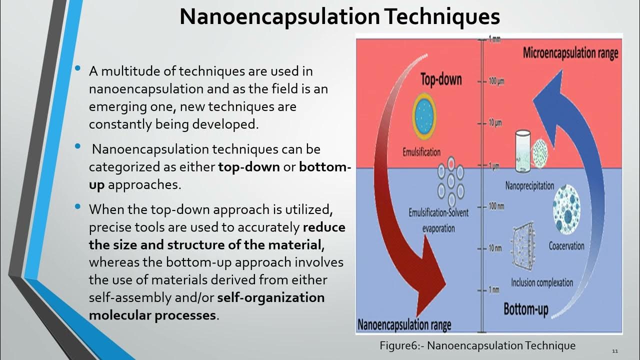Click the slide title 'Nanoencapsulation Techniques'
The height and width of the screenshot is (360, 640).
click(339, 16)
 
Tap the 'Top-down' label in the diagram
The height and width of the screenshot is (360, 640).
click(440, 79)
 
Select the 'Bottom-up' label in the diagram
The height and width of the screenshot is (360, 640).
click(525, 309)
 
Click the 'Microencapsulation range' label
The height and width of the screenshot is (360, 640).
click(570, 53)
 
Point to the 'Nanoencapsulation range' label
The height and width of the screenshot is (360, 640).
click(404, 325)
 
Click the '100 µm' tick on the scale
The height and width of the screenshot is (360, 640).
click(492, 81)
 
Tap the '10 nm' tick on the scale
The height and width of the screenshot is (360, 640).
click(492, 248)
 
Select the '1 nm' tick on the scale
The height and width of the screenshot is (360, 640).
click(491, 290)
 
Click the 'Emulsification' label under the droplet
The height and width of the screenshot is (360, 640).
click(421, 152)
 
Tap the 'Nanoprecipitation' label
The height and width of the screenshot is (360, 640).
click(529, 186)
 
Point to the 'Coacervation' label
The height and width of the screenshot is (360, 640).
click(566, 245)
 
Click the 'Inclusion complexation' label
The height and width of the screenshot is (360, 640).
click(541, 283)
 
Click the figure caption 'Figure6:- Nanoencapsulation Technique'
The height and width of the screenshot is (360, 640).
click(477, 345)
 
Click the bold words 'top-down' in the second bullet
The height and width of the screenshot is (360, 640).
click(248, 167)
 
